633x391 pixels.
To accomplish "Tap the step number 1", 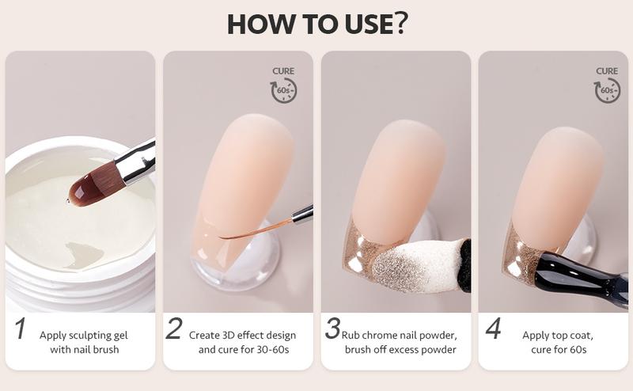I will pyautogui.click(x=21, y=329).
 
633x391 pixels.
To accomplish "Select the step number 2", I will pyautogui.click(x=173, y=329).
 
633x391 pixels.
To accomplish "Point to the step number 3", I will pyautogui.click(x=332, y=329).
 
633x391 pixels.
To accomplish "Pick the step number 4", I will pyautogui.click(x=493, y=329).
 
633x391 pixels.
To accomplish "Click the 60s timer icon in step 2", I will pyautogui.click(x=284, y=90).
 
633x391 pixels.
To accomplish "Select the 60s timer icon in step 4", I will pyautogui.click(x=607, y=90).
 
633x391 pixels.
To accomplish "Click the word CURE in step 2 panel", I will pyautogui.click(x=283, y=71).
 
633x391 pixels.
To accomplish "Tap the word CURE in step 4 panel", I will pyautogui.click(x=607, y=71).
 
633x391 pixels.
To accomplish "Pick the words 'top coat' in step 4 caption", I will pyautogui.click(x=571, y=335).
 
